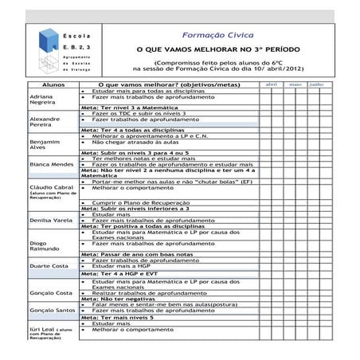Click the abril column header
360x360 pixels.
click(x=271, y=84)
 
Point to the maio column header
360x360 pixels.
click(x=295, y=84)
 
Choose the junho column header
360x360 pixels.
click(x=316, y=84)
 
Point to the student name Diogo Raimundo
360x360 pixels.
click(x=42, y=245)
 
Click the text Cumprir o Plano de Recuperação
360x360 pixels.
click(x=144, y=203)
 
